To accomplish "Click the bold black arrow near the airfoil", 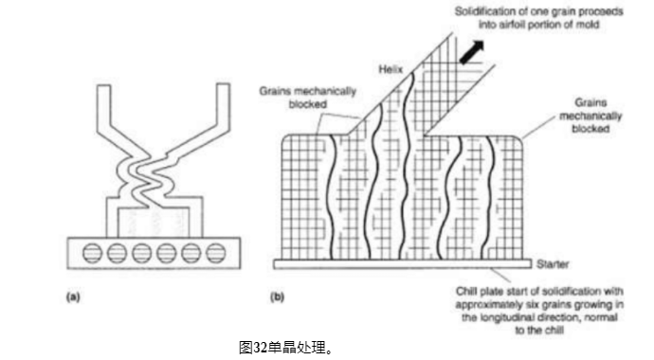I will point(470,52).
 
